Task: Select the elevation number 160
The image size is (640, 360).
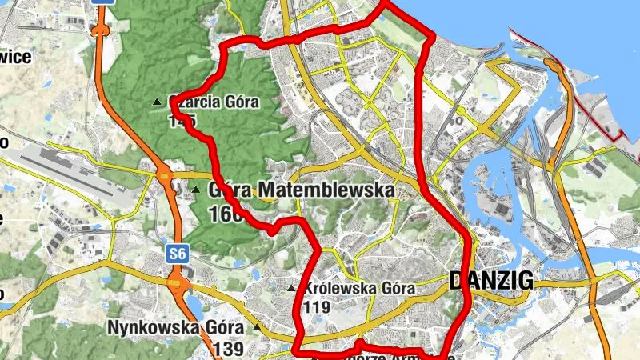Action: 225,214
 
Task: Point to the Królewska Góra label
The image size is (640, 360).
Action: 358,289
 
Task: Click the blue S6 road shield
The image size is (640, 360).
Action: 177,254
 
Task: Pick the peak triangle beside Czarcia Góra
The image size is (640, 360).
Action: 157,102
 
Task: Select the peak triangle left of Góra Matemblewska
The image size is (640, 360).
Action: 195,190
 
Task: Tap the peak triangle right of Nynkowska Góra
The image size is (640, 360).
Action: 257,327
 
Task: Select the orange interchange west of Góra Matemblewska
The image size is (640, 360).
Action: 166,178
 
